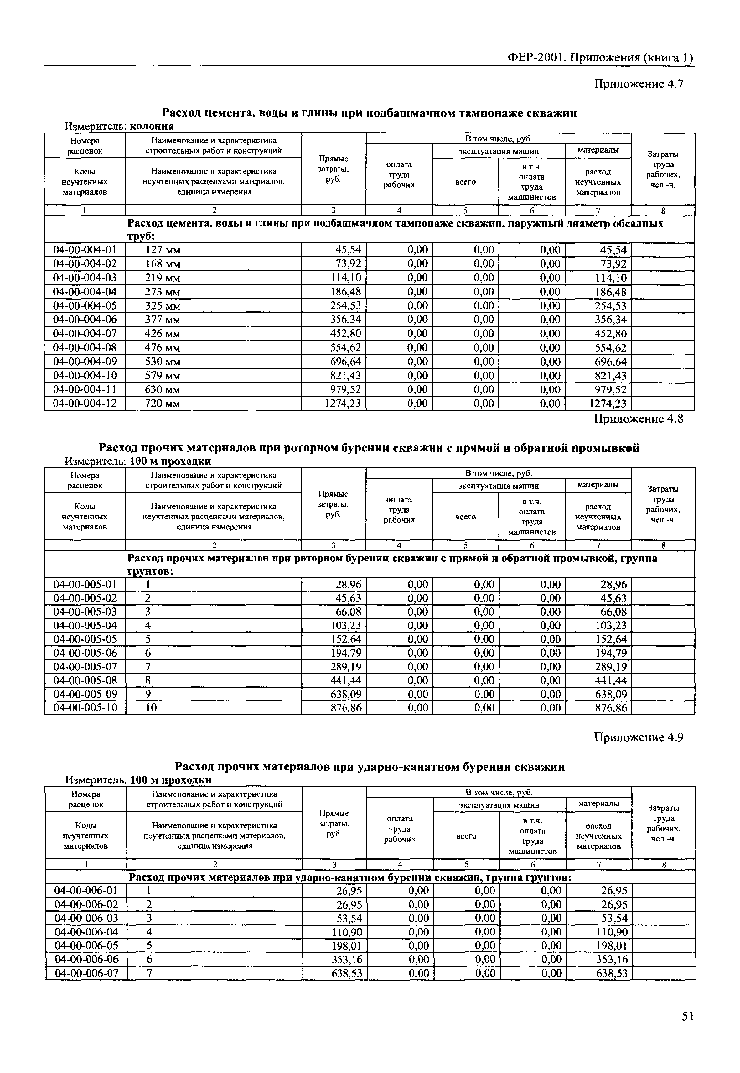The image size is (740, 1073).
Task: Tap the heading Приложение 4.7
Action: [x=639, y=84]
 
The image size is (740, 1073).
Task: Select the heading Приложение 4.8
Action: [x=639, y=419]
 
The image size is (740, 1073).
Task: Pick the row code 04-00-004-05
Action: [x=85, y=305]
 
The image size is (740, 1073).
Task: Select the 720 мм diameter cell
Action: [x=162, y=404]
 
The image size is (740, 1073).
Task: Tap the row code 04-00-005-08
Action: [x=85, y=680]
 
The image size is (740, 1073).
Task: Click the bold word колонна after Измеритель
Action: [x=152, y=126]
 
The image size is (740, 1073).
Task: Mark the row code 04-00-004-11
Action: [x=85, y=389]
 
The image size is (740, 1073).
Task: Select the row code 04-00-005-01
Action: [x=85, y=584]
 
